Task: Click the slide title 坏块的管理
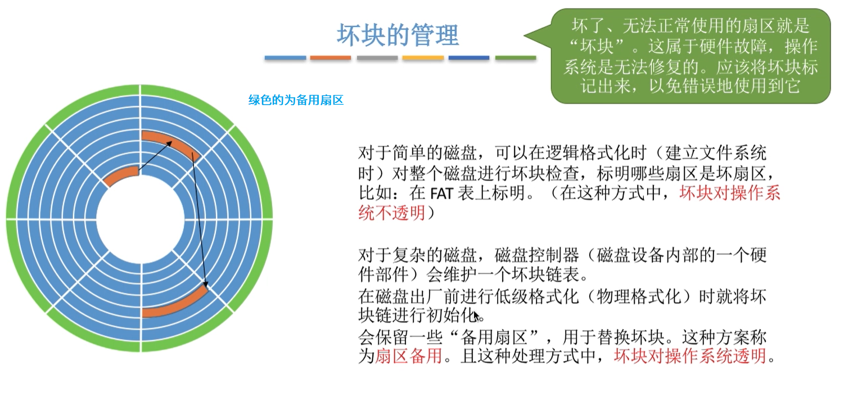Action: [x=398, y=35]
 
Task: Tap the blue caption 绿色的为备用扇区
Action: [x=296, y=101]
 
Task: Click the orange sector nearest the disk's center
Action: [x=120, y=175]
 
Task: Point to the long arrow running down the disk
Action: [x=200, y=219]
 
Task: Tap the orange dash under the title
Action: [x=331, y=58]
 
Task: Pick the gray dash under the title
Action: [x=377, y=58]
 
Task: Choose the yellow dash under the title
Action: [x=423, y=58]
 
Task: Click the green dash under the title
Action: [x=516, y=58]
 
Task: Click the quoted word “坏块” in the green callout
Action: [x=594, y=46]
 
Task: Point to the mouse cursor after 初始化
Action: [x=477, y=316]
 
